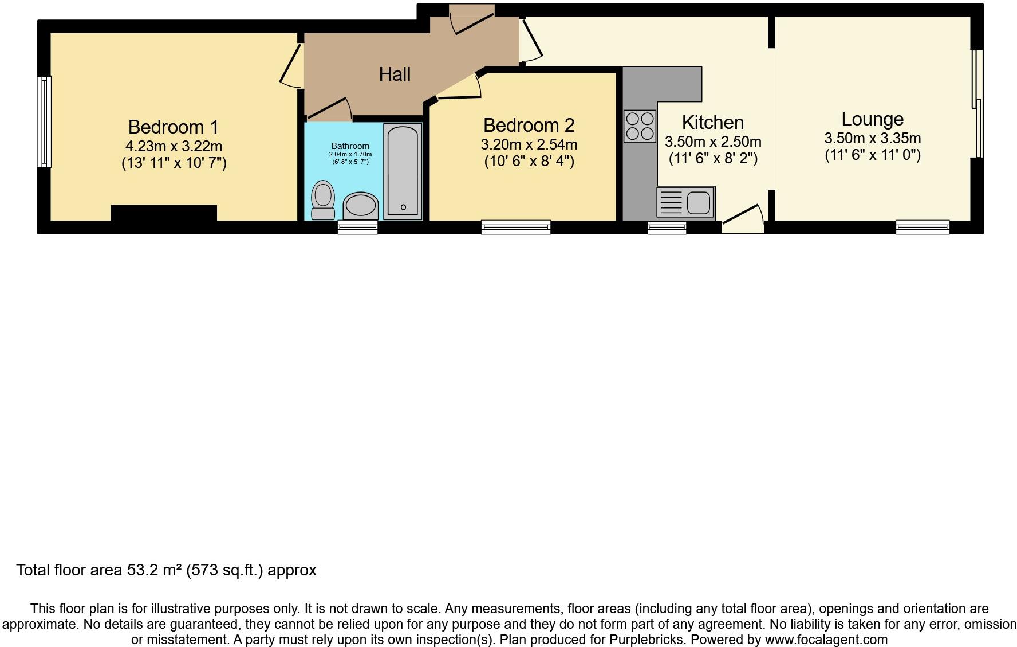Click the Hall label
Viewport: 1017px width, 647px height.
point(395,74)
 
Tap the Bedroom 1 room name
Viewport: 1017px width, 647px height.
point(174,127)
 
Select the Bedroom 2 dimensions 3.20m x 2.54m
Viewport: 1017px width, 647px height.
point(529,144)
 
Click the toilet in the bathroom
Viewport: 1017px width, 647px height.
point(323,200)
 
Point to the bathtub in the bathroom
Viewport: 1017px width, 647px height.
point(403,171)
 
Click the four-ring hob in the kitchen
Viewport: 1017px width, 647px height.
point(640,126)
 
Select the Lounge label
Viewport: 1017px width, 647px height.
point(872,119)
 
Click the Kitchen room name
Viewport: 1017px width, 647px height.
point(713,123)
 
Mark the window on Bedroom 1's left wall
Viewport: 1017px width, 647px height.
point(44,122)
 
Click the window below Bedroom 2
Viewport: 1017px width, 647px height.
point(516,228)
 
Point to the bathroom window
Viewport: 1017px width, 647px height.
point(357,228)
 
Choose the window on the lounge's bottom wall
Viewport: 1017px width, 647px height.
point(923,228)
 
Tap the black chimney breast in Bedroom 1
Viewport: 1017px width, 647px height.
point(164,213)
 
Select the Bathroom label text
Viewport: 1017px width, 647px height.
point(350,146)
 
